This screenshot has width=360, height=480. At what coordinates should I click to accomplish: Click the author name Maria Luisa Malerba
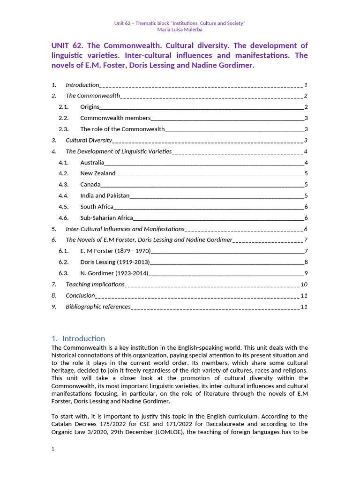pos(180,30)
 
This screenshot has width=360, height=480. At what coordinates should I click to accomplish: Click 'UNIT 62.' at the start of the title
pos(67,45)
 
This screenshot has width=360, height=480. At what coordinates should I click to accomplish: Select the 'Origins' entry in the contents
pos(90,107)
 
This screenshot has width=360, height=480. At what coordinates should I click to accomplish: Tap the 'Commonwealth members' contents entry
pos(115,118)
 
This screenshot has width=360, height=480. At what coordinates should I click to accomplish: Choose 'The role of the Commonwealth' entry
pos(122,129)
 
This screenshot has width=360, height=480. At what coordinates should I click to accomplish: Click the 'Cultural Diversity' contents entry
pos(89,140)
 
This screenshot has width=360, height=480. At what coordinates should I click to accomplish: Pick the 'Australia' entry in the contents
pos(92,163)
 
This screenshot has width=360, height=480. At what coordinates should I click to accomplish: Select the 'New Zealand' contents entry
pos(97,173)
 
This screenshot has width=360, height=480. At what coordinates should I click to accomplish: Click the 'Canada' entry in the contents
pos(90,185)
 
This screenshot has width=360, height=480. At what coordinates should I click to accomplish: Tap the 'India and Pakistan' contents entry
pos(105,196)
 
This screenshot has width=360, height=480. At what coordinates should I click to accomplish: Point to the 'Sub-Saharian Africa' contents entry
pos(106,218)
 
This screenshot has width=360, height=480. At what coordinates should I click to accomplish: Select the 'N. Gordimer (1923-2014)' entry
pos(114,273)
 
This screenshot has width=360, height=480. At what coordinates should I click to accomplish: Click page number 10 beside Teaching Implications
pos(304,285)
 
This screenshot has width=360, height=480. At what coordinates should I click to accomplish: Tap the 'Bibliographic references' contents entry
pos(98,307)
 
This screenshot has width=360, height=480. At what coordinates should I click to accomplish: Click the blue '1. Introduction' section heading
pos(78,338)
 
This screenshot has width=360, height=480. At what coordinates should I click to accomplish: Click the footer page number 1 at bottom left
pos(53,449)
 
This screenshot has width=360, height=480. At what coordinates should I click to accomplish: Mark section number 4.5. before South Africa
pos(64,207)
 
